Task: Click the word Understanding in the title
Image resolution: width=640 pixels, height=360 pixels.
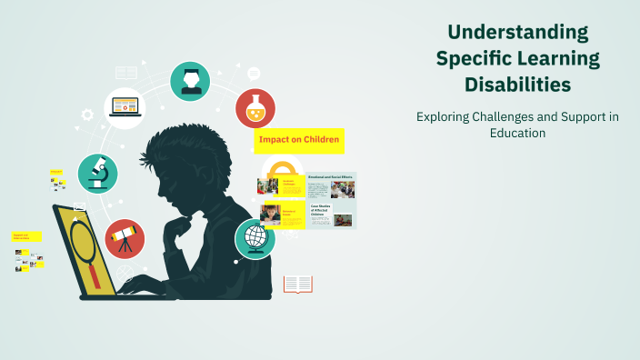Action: click(517, 33)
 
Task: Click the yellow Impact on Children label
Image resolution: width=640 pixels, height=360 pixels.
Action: click(299, 139)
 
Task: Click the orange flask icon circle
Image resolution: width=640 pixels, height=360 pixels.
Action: click(255, 108)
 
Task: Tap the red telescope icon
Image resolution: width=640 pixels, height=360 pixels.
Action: click(125, 238)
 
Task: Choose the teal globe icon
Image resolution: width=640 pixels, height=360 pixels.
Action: click(255, 239)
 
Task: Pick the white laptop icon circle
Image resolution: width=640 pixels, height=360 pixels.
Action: click(125, 108)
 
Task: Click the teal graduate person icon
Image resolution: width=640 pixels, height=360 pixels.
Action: click(190, 82)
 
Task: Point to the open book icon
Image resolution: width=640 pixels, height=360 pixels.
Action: click(297, 285)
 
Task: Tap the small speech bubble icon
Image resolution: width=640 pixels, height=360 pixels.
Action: click(254, 73)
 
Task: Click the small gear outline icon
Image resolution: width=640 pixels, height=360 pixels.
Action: click(87, 115)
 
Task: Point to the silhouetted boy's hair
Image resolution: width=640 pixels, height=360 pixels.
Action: click(173, 150)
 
